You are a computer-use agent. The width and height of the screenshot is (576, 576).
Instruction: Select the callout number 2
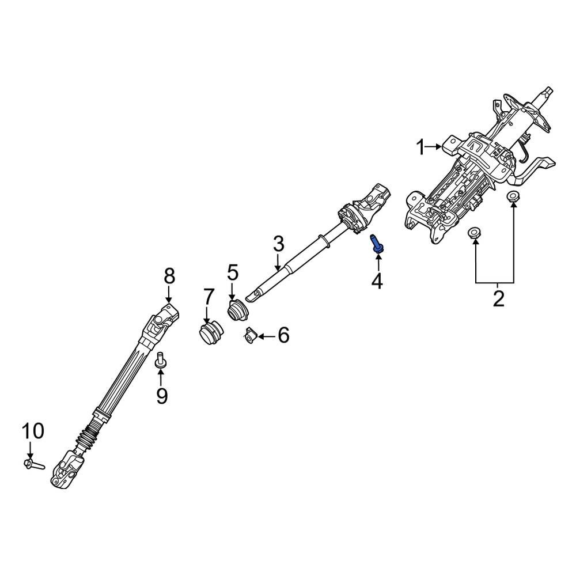tap(498, 298)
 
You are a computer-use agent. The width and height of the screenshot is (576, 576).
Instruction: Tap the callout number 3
tap(279, 244)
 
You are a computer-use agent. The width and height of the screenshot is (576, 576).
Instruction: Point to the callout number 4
tap(377, 281)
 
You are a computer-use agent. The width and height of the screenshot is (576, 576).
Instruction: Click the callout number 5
tap(232, 272)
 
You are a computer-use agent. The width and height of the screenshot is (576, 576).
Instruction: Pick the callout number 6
tap(283, 335)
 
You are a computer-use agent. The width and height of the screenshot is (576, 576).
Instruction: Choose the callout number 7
tap(207, 298)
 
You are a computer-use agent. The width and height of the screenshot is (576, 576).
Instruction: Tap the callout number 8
tap(169, 276)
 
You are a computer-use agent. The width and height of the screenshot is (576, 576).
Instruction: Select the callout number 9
tap(161, 395)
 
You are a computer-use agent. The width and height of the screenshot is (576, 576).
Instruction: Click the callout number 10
tap(33, 430)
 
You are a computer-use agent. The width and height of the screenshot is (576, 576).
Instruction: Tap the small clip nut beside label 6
tap(249, 335)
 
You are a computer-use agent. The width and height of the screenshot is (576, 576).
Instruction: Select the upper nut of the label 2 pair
tap(512, 197)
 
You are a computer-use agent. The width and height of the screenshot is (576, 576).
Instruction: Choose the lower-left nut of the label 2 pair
tap(474, 233)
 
